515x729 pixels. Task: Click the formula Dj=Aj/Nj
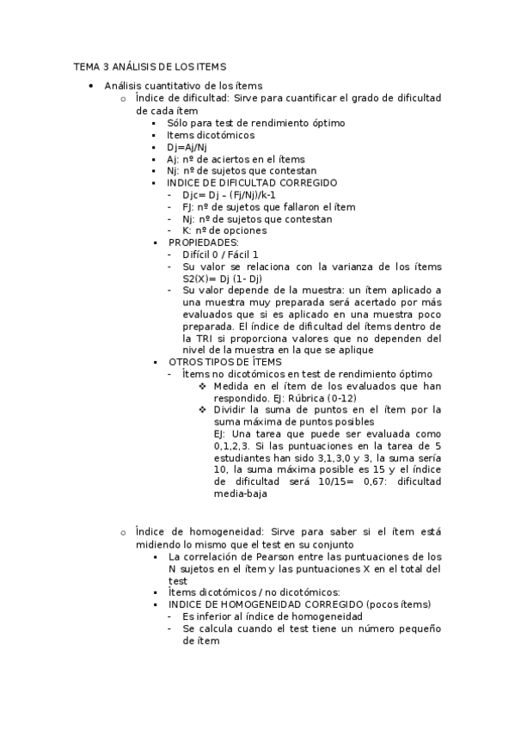187,147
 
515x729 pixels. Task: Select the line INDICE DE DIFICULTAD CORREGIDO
252,183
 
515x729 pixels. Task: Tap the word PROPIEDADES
203,242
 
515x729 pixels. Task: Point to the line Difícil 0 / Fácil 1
219,254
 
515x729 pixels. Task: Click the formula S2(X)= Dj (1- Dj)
222,279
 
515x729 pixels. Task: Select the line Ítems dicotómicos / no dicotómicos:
254,591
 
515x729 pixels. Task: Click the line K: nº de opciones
224,230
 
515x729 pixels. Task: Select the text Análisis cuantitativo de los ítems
183,86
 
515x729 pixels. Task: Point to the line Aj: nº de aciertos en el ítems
236,159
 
